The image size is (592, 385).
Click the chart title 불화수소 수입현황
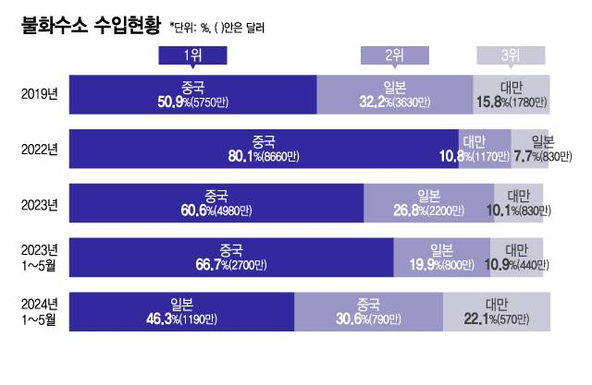89,26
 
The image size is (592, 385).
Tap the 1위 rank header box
192,55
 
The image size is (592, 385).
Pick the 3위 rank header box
511,55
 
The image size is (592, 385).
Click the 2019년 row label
40,95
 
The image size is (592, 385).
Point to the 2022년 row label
40,149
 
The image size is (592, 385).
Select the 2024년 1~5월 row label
40,311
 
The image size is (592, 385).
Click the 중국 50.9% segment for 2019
192,95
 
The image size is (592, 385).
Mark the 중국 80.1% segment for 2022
264,149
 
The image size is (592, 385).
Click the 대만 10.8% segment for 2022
484,149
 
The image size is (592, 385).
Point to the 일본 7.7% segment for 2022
531,149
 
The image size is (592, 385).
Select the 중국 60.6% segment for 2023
216,202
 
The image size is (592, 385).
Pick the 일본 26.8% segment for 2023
427,202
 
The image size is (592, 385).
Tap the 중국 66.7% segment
231,257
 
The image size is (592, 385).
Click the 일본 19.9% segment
441,257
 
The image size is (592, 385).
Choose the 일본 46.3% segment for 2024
181,311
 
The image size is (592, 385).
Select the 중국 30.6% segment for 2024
368,311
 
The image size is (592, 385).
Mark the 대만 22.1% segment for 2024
497,311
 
